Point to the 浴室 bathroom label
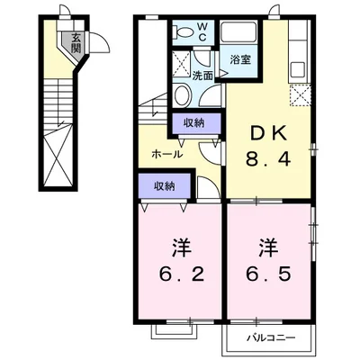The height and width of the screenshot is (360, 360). [x=240, y=59]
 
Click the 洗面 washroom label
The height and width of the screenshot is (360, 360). [x=203, y=76]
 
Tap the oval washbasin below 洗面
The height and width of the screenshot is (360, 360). [x=181, y=97]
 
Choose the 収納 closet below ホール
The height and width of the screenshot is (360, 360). [x=164, y=186]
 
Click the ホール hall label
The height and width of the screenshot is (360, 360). [x=168, y=154]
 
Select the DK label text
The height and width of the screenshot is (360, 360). [x=268, y=133]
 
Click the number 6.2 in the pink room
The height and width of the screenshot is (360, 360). [x=178, y=271]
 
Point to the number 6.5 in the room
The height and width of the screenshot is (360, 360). [x=267, y=271]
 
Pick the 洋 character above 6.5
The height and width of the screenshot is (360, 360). [x=267, y=243]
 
